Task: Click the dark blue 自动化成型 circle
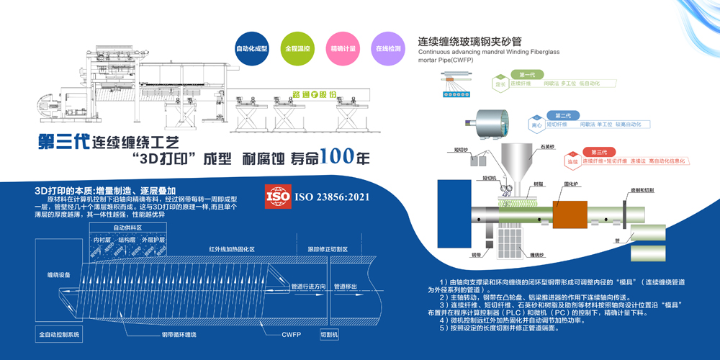252,48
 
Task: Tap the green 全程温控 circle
297,48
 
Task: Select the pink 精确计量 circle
343,48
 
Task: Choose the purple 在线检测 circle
387,48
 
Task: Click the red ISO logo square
278,196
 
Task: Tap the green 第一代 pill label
526,75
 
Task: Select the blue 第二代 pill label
562,115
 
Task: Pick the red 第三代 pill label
598,152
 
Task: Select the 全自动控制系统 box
60,335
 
